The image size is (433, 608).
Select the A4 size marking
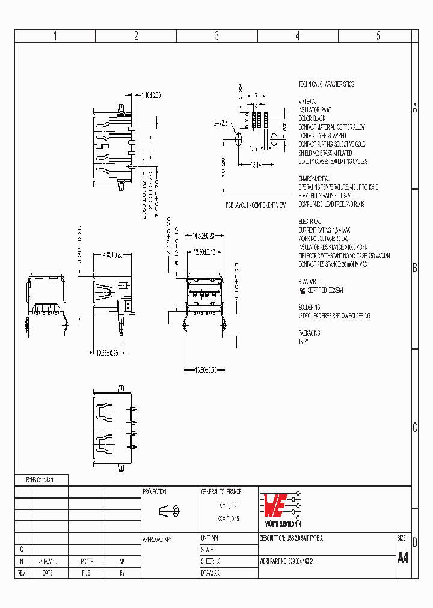(x=403, y=557)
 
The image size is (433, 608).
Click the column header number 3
(x=217, y=35)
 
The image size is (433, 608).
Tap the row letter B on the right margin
(x=414, y=268)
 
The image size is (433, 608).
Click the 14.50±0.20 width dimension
(x=204, y=235)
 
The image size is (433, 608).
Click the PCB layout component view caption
(x=256, y=205)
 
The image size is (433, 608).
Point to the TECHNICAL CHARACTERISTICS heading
(x=326, y=84)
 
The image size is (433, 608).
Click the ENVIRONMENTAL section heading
(x=314, y=179)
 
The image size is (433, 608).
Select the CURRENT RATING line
(x=324, y=230)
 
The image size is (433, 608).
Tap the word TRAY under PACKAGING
(x=304, y=341)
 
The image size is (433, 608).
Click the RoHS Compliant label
(x=40, y=480)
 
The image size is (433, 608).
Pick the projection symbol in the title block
(x=168, y=511)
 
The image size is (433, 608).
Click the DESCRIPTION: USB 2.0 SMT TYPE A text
(x=291, y=538)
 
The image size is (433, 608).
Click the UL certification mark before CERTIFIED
(x=302, y=290)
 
